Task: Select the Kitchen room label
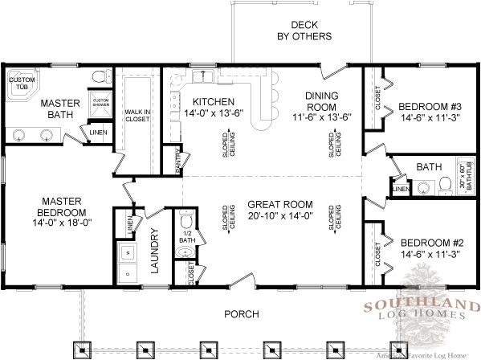click(213, 101)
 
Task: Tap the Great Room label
click(280, 204)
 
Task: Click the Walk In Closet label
click(137, 116)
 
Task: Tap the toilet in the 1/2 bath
click(186, 220)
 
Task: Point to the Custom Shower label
click(100, 103)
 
